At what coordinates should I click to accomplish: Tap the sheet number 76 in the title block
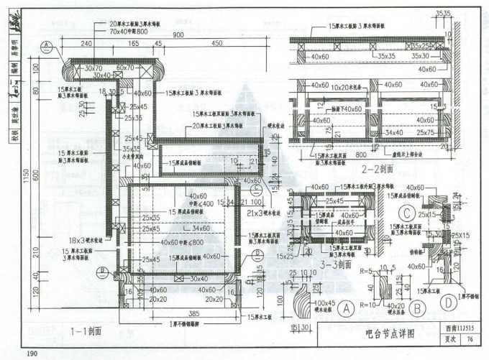(469, 340)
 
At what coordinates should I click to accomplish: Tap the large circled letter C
(408, 213)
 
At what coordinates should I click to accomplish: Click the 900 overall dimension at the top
(178, 35)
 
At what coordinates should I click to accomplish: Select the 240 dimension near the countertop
(87, 44)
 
